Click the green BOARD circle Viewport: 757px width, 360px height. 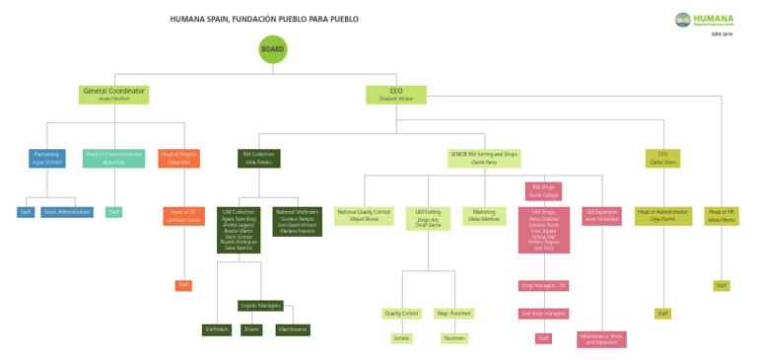pos(273,49)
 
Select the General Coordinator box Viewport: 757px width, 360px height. pos(114,95)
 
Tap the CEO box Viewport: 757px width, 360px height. pos(396,95)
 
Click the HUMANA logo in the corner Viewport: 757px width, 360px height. pos(705,21)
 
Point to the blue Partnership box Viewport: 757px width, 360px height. pos(47,158)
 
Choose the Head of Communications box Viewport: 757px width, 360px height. pos(113,158)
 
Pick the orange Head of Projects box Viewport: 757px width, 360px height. pos(178,158)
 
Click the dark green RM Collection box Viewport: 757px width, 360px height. pos(258,158)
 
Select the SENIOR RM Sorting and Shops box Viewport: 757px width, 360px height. pos(484,158)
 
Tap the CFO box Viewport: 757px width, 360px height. pos(662,158)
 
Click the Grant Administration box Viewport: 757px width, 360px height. pos(67,212)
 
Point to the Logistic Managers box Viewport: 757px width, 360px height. pos(260,306)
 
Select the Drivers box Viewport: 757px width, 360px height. pos(251,329)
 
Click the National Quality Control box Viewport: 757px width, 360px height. pos(364,216)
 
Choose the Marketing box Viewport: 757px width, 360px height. pos(484,216)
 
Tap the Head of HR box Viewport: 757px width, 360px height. pos(722,216)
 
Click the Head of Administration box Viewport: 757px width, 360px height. pos(662,216)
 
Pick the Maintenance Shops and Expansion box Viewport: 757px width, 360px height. pos(601,339)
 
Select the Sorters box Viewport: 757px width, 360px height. pos(401,338)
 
